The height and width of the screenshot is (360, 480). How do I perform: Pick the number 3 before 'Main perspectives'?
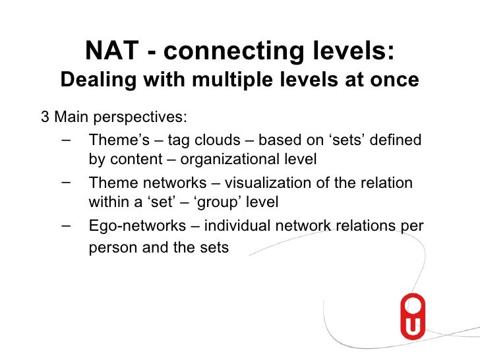[x=45, y=118]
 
